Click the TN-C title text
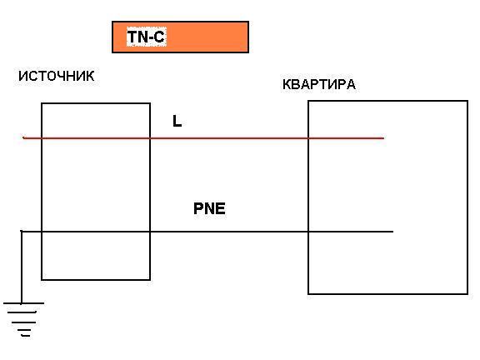pos(146,37)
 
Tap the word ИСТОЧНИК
pos(57,76)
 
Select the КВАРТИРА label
pos(319,84)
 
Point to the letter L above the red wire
pos(177,121)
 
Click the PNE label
pos(209,208)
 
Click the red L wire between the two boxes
pos(229,138)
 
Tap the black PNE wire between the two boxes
pos(229,232)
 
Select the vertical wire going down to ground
pos(22,267)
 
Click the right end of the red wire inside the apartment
pos(383,138)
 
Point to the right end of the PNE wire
pos(393,232)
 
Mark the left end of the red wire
pos(23,138)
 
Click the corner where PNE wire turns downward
pos(22,232)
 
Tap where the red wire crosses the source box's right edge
pos(150,138)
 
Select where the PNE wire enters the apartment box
pos(308,232)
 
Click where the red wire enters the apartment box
pos(308,138)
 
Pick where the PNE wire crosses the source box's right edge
pos(150,232)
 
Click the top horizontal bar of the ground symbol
pos(23,303)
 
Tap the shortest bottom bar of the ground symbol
pos(26,336)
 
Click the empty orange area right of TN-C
pos(207,37)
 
